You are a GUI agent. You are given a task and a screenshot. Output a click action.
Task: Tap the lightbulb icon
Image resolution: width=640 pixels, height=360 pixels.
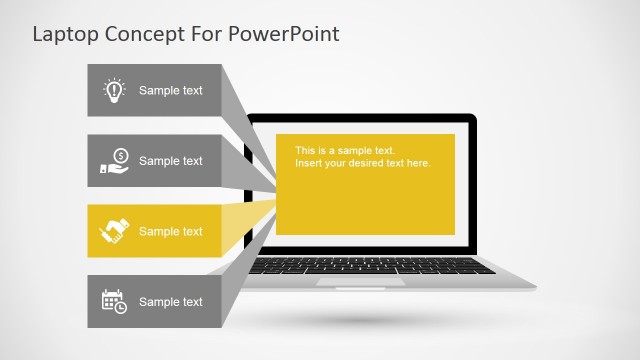pyautogui.click(x=114, y=91)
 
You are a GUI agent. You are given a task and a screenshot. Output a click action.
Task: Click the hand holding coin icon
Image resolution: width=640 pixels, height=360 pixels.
pyautogui.click(x=114, y=161)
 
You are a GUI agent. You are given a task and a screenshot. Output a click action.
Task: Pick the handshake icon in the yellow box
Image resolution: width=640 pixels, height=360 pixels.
pyautogui.click(x=114, y=232)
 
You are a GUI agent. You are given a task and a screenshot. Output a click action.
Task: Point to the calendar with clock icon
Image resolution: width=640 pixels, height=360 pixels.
pyautogui.click(x=114, y=302)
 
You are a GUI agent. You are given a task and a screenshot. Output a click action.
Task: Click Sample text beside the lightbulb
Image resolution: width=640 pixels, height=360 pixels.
pyautogui.click(x=170, y=91)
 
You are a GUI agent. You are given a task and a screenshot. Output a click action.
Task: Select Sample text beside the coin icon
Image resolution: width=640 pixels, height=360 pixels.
pyautogui.click(x=170, y=161)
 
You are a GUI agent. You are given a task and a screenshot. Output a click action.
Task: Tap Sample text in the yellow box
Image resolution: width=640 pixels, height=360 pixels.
pyautogui.click(x=170, y=232)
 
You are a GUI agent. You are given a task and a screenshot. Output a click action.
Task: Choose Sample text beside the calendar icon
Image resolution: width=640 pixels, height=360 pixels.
pyautogui.click(x=170, y=302)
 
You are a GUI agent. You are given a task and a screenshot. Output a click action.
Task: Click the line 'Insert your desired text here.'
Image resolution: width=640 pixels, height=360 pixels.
pyautogui.click(x=362, y=163)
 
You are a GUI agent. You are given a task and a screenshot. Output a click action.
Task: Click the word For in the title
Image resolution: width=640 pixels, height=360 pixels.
pyautogui.click(x=207, y=34)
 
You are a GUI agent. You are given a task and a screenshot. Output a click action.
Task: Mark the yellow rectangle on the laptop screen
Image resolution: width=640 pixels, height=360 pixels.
pyautogui.click(x=365, y=200)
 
